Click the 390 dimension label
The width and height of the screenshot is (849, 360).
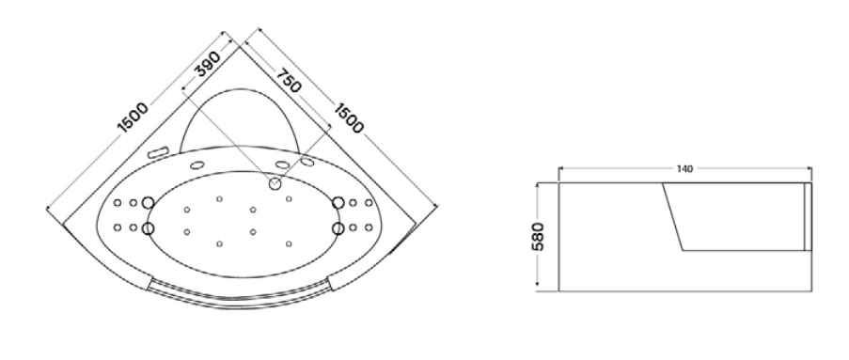pyautogui.click(x=208, y=64)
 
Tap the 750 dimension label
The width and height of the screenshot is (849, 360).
pyautogui.click(x=288, y=80)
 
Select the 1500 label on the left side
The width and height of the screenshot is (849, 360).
pyautogui.click(x=133, y=117)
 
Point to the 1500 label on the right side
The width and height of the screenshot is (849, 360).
pyautogui.click(x=348, y=117)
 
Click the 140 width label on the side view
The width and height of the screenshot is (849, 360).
pyautogui.click(x=684, y=169)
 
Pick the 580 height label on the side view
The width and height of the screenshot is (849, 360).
pyautogui.click(x=538, y=237)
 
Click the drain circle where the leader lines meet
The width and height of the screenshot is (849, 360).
pyautogui.click(x=275, y=183)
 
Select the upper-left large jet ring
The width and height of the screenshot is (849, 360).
pyautogui.click(x=148, y=203)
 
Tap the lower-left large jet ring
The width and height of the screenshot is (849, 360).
pyautogui.click(x=148, y=228)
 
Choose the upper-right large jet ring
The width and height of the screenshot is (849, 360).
pyautogui.click(x=338, y=203)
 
